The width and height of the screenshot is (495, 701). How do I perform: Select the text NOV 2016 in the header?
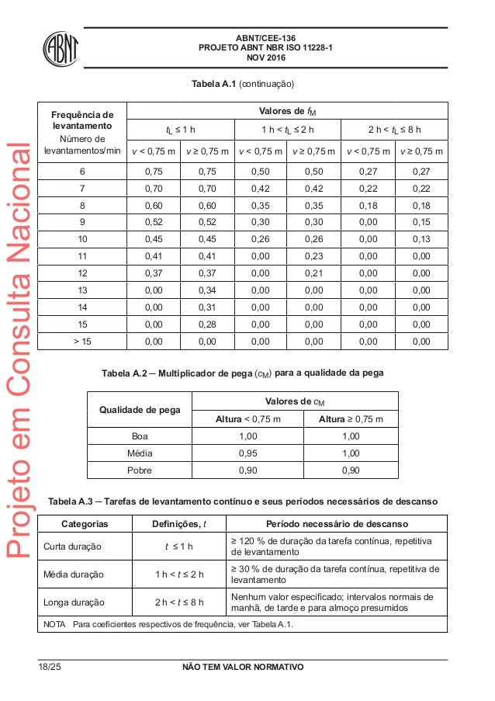[x=265, y=57]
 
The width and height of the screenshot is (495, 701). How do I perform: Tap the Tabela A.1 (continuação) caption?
[x=244, y=82]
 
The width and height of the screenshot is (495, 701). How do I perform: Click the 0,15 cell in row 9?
[x=420, y=221]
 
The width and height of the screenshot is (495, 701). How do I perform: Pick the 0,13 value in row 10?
[x=420, y=238]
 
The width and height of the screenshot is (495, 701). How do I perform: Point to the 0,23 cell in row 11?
[x=313, y=255]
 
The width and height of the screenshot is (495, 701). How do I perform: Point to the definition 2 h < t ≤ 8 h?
[x=179, y=602]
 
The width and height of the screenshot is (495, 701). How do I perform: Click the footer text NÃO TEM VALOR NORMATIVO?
[x=243, y=668]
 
